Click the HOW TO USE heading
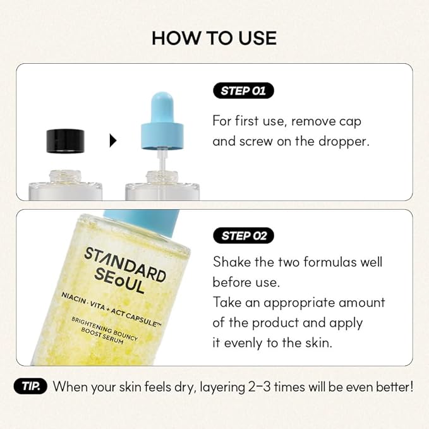coord(214,38)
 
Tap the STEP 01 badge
coord(243,90)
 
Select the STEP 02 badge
coord(243,236)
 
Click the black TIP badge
coord(30,386)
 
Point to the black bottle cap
coord(66,140)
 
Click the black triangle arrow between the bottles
coord(113,141)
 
